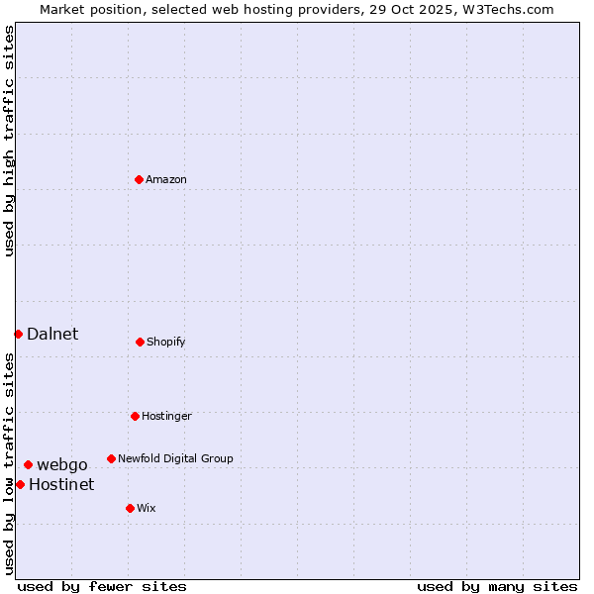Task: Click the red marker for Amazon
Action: coord(139,179)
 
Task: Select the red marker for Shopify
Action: coord(140,342)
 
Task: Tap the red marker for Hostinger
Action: coord(135,416)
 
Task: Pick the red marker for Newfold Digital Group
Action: coord(111,458)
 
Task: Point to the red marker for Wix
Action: coord(130,508)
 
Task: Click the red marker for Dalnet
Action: coord(18,334)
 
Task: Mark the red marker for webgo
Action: coord(28,464)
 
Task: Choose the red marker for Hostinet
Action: coord(20,484)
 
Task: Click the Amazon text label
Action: coord(166,179)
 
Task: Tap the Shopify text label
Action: coord(166,342)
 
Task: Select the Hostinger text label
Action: coord(166,416)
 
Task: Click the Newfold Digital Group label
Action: coord(175,458)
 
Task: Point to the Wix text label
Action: coord(147,508)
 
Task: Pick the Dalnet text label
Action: coord(52,334)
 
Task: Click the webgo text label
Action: coord(62,464)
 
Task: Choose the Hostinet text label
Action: coord(61,484)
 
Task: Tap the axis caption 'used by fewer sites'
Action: coord(102,586)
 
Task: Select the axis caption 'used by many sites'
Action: coord(497,586)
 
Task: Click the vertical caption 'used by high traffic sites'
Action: coord(9,141)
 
